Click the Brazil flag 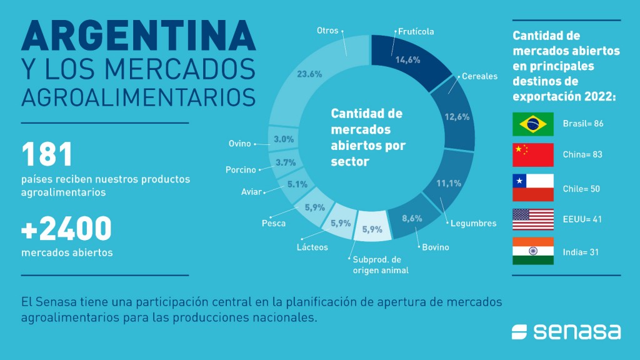pos(532,124)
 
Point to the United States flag pos(532,219)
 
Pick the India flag pos(532,251)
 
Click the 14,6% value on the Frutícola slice pos(407,60)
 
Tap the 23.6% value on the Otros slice pos(309,74)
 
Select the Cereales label pos(479,76)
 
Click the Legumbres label pos(473,223)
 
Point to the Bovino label pos(435,247)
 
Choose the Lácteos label pos(312,247)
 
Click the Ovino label pos(239,144)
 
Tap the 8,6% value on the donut pos(411,219)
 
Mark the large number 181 pos(48,155)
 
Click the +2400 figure pos(66,229)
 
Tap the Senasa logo pos(566,331)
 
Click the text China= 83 pos(582,155)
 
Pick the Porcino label pos(241,170)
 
